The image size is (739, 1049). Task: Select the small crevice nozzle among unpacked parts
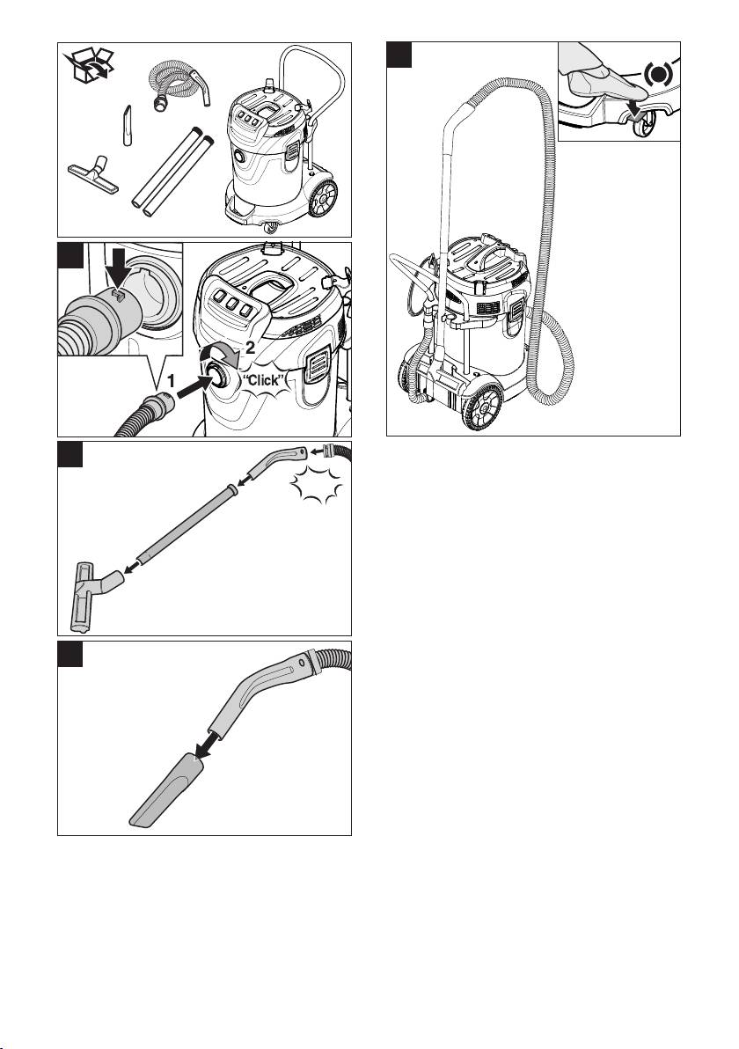pos(125,127)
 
